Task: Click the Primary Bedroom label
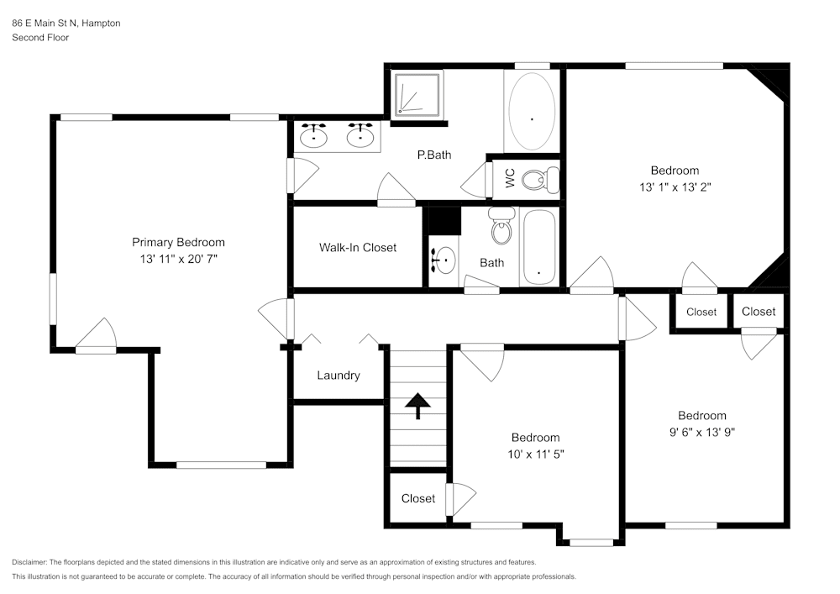click(x=178, y=242)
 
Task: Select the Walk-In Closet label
click(x=357, y=247)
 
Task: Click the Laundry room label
click(x=338, y=375)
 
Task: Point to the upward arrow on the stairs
click(x=417, y=405)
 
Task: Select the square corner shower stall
click(x=417, y=93)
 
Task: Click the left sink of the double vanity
click(x=314, y=135)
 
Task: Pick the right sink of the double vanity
click(x=361, y=135)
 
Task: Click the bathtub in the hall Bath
click(x=538, y=249)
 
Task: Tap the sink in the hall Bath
click(x=443, y=260)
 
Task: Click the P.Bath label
click(x=434, y=155)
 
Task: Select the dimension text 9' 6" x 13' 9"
click(x=701, y=432)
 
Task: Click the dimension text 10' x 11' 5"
click(x=535, y=454)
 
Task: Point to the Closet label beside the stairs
click(x=417, y=498)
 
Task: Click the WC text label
click(x=509, y=178)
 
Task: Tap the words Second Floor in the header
click(x=40, y=38)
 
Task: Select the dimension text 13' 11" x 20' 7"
click(x=178, y=260)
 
